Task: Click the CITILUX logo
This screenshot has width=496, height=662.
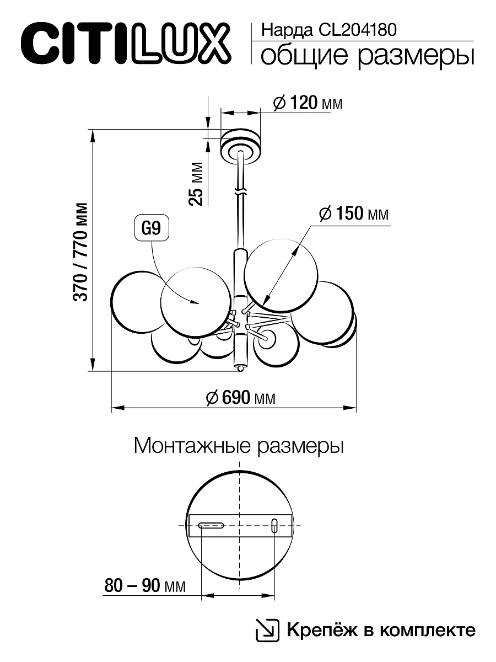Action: pos(123,41)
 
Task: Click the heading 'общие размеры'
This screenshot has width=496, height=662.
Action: pos(366,56)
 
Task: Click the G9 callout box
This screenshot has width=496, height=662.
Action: pos(151,229)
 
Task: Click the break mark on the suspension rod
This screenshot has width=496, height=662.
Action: pos(240,193)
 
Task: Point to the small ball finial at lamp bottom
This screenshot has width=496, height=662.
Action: pos(240,367)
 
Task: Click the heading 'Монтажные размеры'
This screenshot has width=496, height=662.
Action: pos(239,446)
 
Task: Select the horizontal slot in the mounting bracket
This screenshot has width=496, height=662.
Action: pos(211,525)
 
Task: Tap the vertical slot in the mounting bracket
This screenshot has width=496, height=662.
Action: pos(274,525)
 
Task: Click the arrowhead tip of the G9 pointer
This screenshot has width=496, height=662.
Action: pos(197,302)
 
